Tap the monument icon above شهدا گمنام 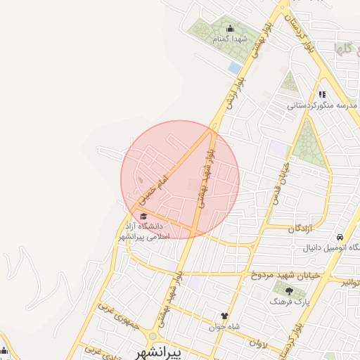230,29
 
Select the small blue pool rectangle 234,67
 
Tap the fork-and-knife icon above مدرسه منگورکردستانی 322,94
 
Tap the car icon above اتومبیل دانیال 341,237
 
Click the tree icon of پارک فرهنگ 288,290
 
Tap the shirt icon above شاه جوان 225,316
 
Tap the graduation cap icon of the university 143,216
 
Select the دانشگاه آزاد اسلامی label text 143,231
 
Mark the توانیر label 351,281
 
